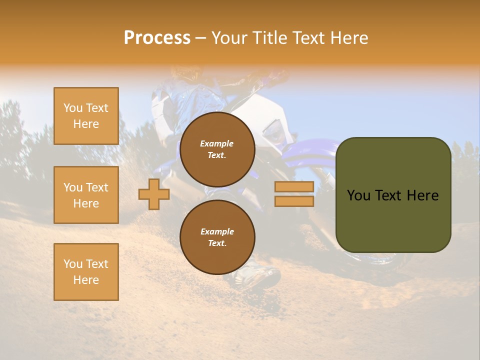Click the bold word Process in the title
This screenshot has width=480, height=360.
coord(157,38)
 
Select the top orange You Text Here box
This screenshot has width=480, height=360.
coord(86,116)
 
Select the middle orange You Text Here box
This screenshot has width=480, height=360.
coord(86,195)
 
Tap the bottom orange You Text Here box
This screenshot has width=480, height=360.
coord(86,272)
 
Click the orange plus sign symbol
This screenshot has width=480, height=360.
coord(153,194)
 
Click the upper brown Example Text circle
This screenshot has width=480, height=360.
coord(217,149)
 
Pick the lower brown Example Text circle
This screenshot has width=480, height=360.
coord(217,237)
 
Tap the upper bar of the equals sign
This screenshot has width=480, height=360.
coord(294,186)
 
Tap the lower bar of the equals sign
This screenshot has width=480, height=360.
coord(294,201)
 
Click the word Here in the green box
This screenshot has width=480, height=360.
coord(423,195)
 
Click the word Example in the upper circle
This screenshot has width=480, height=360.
coord(217,143)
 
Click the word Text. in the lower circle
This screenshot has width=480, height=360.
coord(217,243)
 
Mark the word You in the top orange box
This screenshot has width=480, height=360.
coord(72,108)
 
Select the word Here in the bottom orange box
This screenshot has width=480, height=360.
coord(86,280)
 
